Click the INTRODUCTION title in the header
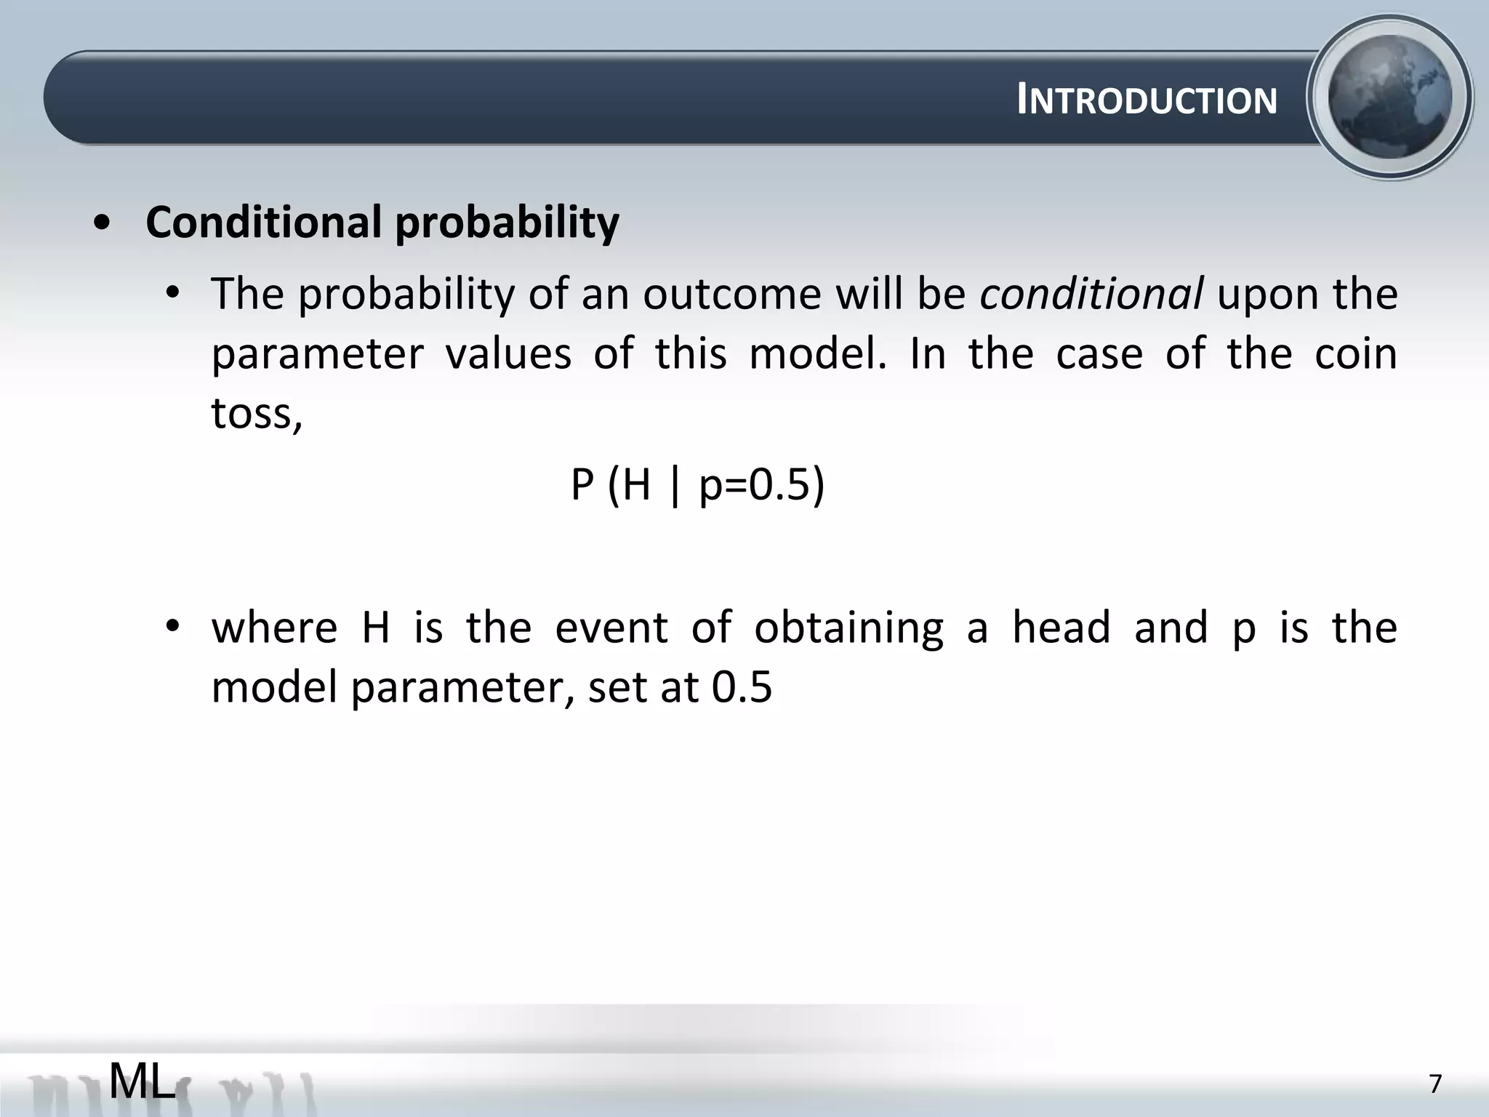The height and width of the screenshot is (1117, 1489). click(x=1147, y=100)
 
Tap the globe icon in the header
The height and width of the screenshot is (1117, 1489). click(x=1389, y=97)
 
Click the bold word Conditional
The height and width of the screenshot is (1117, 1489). click(x=263, y=222)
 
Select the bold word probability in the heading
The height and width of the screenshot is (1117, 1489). click(x=507, y=222)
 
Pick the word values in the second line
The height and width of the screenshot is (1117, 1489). click(x=508, y=354)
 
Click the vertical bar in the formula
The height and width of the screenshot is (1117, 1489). click(x=675, y=486)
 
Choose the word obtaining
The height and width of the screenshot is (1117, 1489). click(x=848, y=628)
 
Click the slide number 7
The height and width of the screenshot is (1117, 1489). click(x=1434, y=1084)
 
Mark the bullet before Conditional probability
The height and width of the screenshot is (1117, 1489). click(x=103, y=223)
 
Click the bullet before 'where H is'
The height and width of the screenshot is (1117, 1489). click(x=172, y=627)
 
